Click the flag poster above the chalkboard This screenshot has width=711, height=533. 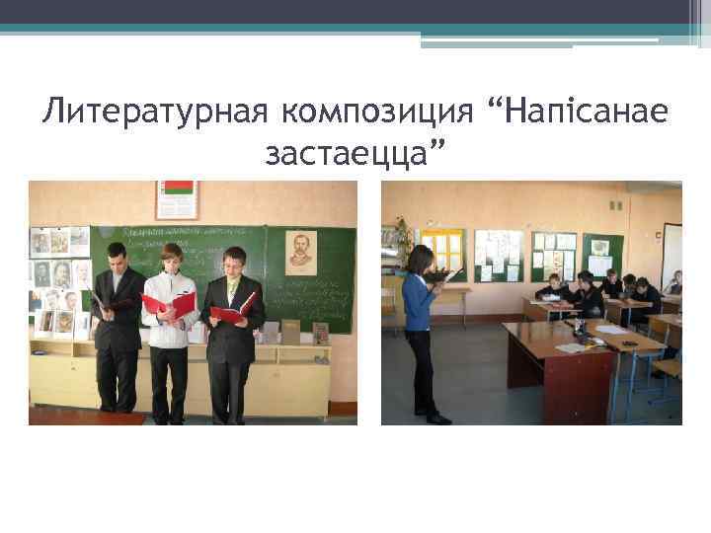click(178, 199)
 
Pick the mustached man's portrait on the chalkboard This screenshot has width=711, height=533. click(301, 253)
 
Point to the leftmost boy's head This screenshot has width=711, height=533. click(116, 255)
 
